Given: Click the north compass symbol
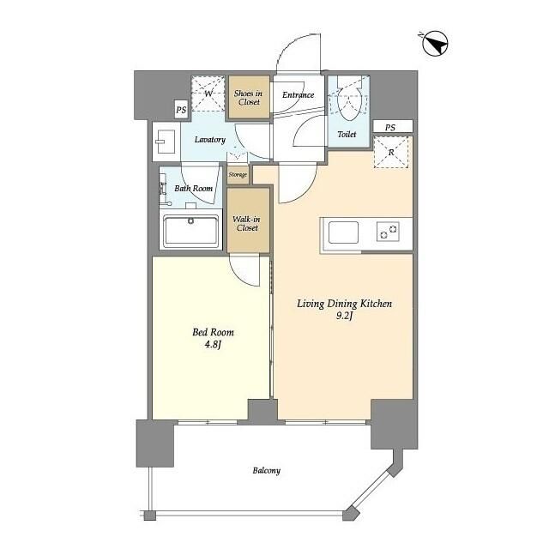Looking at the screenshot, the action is pos(435,45).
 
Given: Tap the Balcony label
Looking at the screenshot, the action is pos(267,471).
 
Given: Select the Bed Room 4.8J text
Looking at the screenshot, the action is pos(213,338).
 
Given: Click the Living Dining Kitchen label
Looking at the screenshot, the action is pos(345,304).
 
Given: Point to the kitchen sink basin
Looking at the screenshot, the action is pos(343,232).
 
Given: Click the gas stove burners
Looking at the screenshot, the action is pos(388,232).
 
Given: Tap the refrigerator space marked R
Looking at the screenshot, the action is pos(391,153).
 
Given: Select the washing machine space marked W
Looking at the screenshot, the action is pos(208,94).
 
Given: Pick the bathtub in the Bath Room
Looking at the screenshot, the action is pos(190,230).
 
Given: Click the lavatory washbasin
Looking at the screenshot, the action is pos(166,142).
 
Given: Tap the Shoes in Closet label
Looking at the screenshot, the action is pos(248,98).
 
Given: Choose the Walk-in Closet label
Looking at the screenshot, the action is pos(247,223).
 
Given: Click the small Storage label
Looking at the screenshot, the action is pos(238,175).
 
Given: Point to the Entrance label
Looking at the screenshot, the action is pos(298,95).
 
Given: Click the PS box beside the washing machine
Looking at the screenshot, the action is pos(181,110).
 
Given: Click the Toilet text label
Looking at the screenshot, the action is pos(347,134).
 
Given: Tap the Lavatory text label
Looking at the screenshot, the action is pos(209,140).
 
